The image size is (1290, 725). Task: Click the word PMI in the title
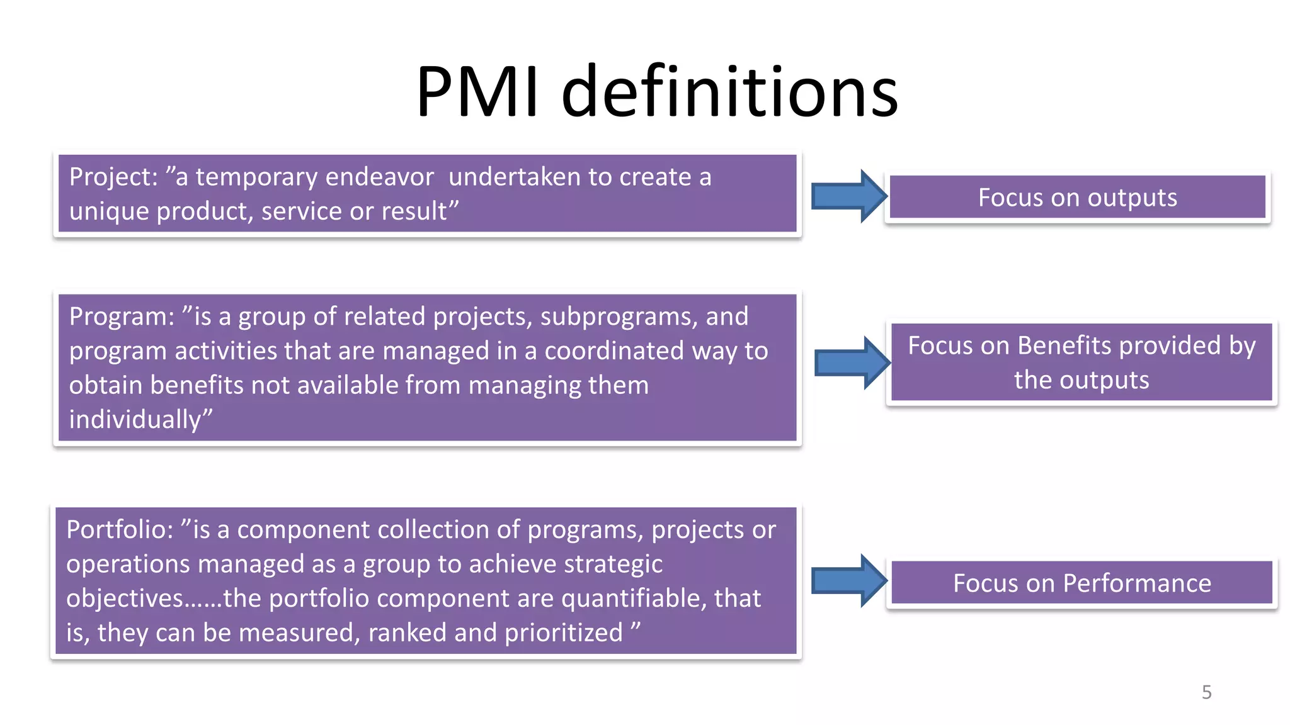tap(477, 92)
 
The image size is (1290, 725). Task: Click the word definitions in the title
tap(729, 92)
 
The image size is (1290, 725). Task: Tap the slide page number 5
tap(1206, 692)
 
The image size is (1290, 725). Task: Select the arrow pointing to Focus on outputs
tap(848, 196)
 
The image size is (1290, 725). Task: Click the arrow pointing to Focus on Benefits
tap(852, 362)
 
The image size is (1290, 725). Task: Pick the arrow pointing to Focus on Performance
tap(848, 580)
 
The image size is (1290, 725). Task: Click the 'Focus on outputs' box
tap(1077, 198)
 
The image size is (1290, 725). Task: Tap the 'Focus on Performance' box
tap(1082, 583)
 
